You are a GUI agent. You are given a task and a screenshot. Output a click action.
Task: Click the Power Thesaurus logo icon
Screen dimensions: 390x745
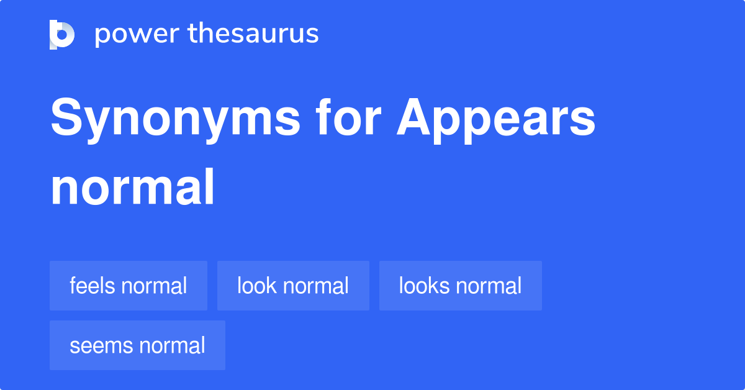click(61, 34)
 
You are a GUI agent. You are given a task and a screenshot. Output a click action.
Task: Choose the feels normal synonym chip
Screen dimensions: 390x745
click(129, 286)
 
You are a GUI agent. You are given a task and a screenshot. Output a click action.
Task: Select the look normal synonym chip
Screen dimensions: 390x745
click(293, 286)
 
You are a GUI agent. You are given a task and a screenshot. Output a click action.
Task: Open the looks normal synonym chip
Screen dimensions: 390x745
click(460, 286)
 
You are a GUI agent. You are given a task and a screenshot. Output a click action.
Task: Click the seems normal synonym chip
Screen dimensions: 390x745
click(137, 345)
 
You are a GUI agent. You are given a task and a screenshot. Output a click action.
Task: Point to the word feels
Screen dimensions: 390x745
click(93, 286)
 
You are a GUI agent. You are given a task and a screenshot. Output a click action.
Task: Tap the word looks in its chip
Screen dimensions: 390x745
click(424, 286)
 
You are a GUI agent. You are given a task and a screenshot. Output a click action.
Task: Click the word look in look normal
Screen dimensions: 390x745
click(257, 286)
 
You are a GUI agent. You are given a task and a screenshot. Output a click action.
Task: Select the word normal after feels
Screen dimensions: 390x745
click(154, 286)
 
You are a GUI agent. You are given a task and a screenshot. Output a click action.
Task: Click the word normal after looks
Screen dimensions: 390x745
click(489, 286)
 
